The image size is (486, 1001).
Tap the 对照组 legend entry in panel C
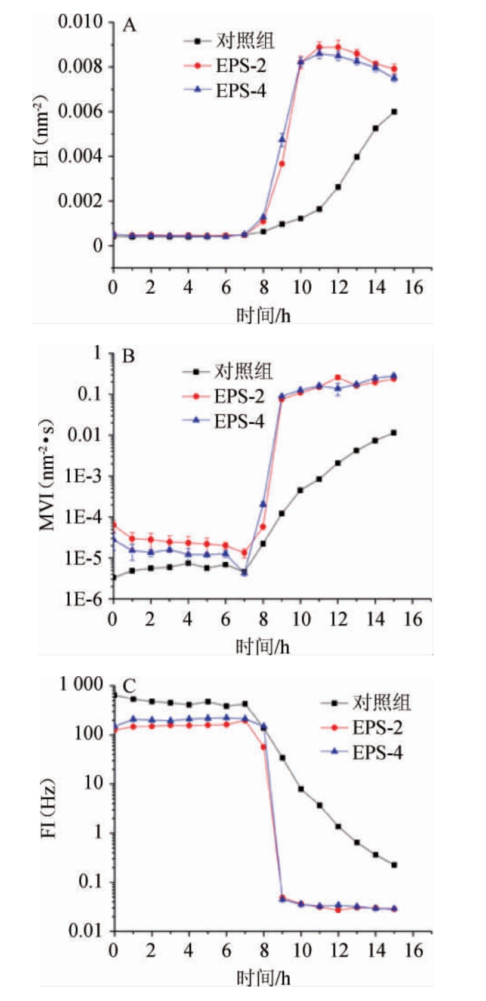[x=381, y=703]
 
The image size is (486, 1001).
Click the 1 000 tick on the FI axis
[x=81, y=684]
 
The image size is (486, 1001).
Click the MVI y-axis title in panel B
[x=47, y=475]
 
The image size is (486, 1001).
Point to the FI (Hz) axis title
[x=49, y=808]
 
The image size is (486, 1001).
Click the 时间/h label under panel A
[x=263, y=315]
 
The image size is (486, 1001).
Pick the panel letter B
[x=128, y=356]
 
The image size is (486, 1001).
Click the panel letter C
[x=129, y=686]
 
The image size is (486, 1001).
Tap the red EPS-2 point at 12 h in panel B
[x=338, y=377]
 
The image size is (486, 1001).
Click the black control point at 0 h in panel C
[x=114, y=695]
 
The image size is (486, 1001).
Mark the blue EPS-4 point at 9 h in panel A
[x=282, y=139]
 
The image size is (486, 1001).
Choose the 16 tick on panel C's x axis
[x=413, y=950]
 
